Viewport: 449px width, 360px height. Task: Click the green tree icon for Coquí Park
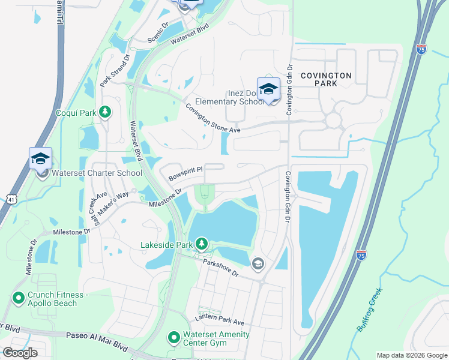(105, 112)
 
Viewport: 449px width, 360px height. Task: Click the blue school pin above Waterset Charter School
(40, 158)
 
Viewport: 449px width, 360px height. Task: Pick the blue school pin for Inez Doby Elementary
(268, 89)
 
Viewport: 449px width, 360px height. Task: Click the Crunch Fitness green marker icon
(17, 297)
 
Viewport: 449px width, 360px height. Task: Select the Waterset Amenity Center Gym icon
(173, 338)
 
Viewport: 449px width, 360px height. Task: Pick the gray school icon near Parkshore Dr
(258, 263)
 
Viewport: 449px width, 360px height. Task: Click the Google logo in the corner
(20, 353)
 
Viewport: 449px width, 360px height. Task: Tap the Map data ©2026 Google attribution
(412, 355)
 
